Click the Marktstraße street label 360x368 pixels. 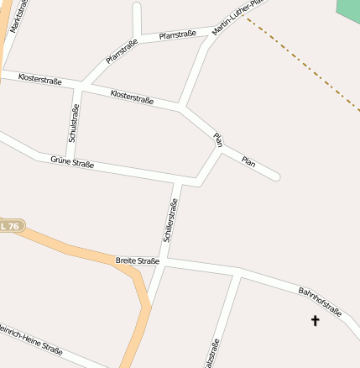click(18, 17)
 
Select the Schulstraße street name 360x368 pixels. click(74, 124)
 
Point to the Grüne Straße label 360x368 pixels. click(72, 161)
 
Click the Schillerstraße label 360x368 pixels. click(171, 221)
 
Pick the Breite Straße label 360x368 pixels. click(137, 261)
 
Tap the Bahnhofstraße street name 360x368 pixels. click(320, 302)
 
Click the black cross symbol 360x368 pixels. click(316, 320)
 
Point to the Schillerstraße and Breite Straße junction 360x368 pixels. click(162, 263)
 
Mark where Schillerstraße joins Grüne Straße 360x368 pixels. click(178, 181)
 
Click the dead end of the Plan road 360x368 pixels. click(276, 177)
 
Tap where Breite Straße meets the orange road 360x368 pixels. click(134, 269)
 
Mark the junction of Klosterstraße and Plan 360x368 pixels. click(181, 108)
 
